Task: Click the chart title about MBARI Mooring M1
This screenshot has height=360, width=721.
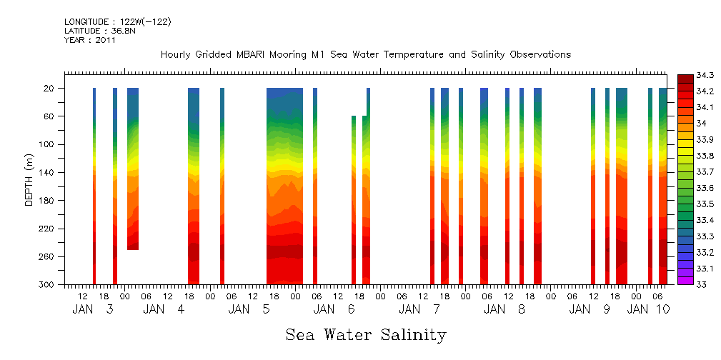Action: pyautogui.click(x=365, y=55)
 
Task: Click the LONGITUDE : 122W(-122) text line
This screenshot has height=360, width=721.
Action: pyautogui.click(x=118, y=22)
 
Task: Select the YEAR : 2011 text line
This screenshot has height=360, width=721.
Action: pyautogui.click(x=90, y=40)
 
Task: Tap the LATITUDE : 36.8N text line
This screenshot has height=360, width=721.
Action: pyautogui.click(x=99, y=31)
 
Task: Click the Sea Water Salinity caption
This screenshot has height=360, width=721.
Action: pyautogui.click(x=366, y=334)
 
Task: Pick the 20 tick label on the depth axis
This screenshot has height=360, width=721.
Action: pyautogui.click(x=49, y=89)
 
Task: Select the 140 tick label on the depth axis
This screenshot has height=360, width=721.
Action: pyautogui.click(x=47, y=172)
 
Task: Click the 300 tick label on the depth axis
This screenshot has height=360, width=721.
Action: pyautogui.click(x=47, y=284)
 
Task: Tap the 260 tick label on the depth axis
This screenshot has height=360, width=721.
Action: pyautogui.click(x=47, y=256)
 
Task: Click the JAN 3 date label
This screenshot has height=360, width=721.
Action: pyautogui.click(x=93, y=309)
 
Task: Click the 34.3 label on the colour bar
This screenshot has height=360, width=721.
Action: pyautogui.click(x=687, y=76)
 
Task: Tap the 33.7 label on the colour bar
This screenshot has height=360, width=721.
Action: pyautogui.click(x=687, y=172)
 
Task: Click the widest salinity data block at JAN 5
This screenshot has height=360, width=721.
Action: pyautogui.click(x=284, y=186)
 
